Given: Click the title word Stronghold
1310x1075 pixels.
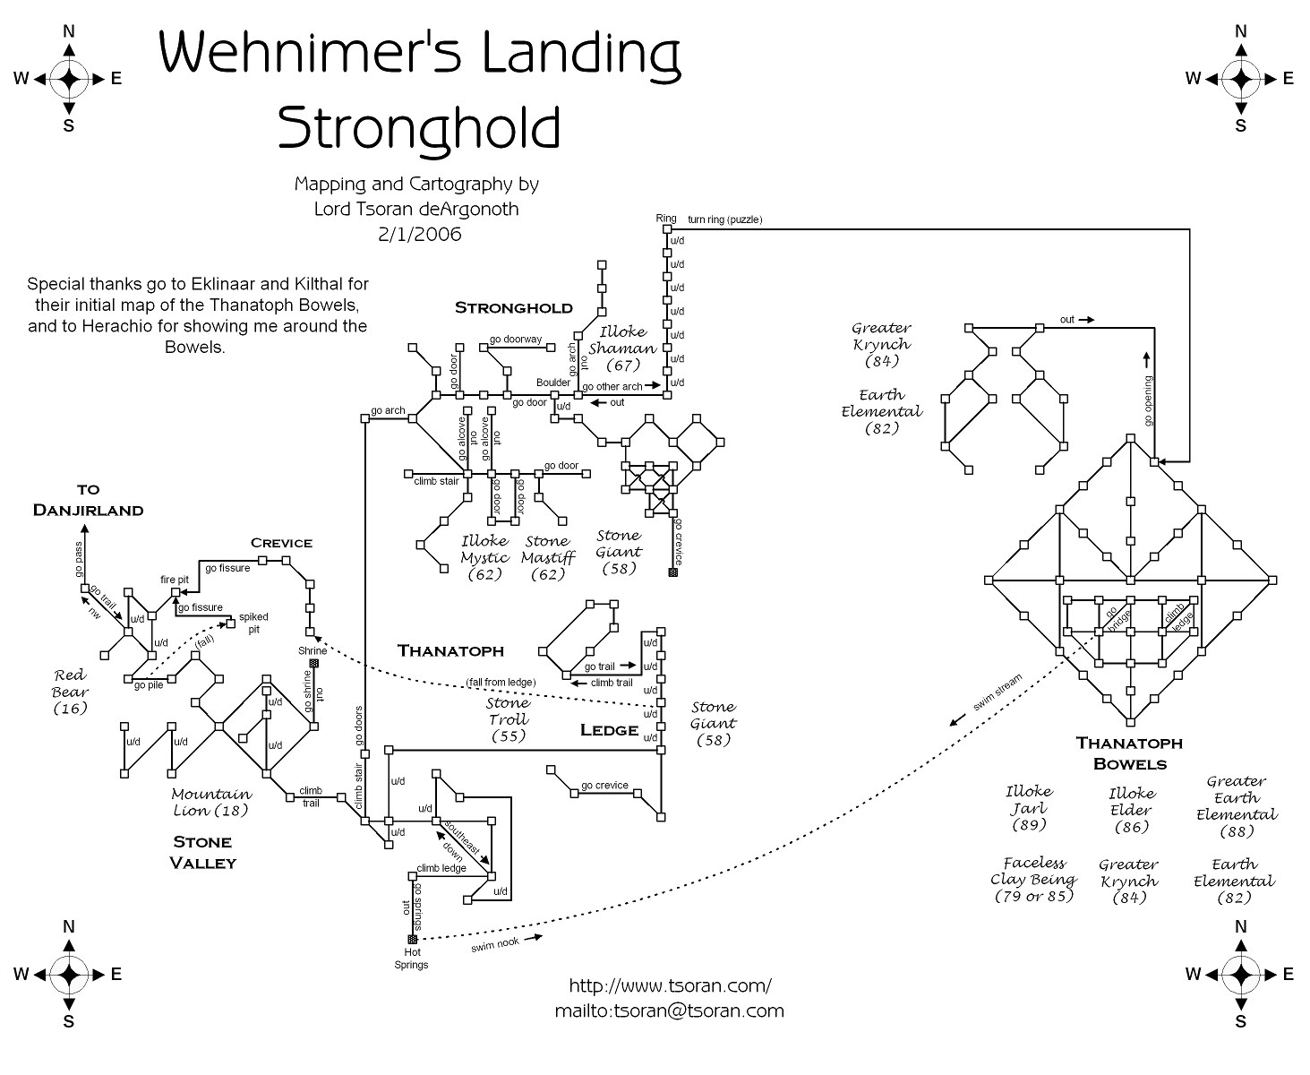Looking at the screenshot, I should pos(418,128).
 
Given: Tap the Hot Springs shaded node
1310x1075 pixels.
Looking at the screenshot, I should pos(413,939).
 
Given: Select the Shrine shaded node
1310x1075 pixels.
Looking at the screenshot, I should pos(313,664).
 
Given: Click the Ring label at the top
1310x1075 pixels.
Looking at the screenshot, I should pos(665,219).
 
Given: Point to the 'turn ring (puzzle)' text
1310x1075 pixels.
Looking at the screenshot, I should pos(724,219).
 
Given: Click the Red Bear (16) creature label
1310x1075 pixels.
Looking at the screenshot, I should pos(70,692).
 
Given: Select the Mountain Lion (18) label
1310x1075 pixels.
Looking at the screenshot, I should pos(211,802).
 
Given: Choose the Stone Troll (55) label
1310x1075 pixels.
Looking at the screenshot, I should pos(508,719).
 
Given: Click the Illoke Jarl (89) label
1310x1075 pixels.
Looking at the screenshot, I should pos(1029,807).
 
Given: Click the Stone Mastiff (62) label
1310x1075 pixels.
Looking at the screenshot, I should pos(547,557).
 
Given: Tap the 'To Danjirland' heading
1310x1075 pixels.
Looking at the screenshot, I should pos(88,500).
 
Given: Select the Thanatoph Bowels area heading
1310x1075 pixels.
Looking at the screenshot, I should pos(1129,752).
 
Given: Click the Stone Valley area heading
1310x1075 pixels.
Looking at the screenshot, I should pos(204,852).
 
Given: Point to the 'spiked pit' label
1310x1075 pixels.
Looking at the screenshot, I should pos(253,623).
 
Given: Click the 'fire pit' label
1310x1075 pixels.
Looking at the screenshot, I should pos(175,580).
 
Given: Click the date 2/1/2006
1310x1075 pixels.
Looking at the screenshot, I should pos(419,235).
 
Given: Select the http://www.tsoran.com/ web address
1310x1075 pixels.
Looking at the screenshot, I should pos(670,985).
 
